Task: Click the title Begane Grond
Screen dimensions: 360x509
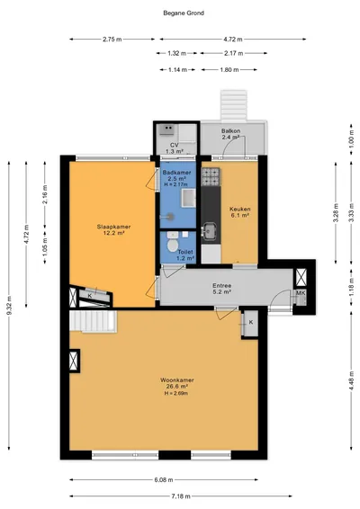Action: pos(184,13)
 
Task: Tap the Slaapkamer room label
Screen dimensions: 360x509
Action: pos(113,227)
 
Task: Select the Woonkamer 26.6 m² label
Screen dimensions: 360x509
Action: pos(177,383)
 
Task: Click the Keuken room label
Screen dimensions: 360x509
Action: pos(239,209)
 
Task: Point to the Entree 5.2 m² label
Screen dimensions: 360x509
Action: pos(222,289)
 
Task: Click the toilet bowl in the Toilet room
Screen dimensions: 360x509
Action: pos(172,246)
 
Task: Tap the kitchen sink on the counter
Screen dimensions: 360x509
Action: pos(211,231)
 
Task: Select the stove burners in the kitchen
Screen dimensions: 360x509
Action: pos(211,177)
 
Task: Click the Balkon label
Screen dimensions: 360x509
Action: pos(231,130)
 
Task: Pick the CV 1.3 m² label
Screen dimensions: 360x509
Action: pos(175,148)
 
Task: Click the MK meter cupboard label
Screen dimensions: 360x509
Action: pos(301,293)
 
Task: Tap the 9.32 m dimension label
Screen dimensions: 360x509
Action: pos(9,306)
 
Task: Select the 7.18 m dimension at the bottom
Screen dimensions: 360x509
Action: pos(181,496)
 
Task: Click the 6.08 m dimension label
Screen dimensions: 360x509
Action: pos(164,480)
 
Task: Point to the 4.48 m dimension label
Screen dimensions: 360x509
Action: pos(351,381)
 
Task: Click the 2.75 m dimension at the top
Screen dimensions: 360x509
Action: pos(112,40)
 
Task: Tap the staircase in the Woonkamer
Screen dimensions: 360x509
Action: pos(94,321)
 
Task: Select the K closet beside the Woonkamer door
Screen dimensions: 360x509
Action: pos(251,323)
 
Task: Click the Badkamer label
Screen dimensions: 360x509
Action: pos(176,173)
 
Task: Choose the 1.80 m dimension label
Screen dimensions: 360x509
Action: pos(229,69)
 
